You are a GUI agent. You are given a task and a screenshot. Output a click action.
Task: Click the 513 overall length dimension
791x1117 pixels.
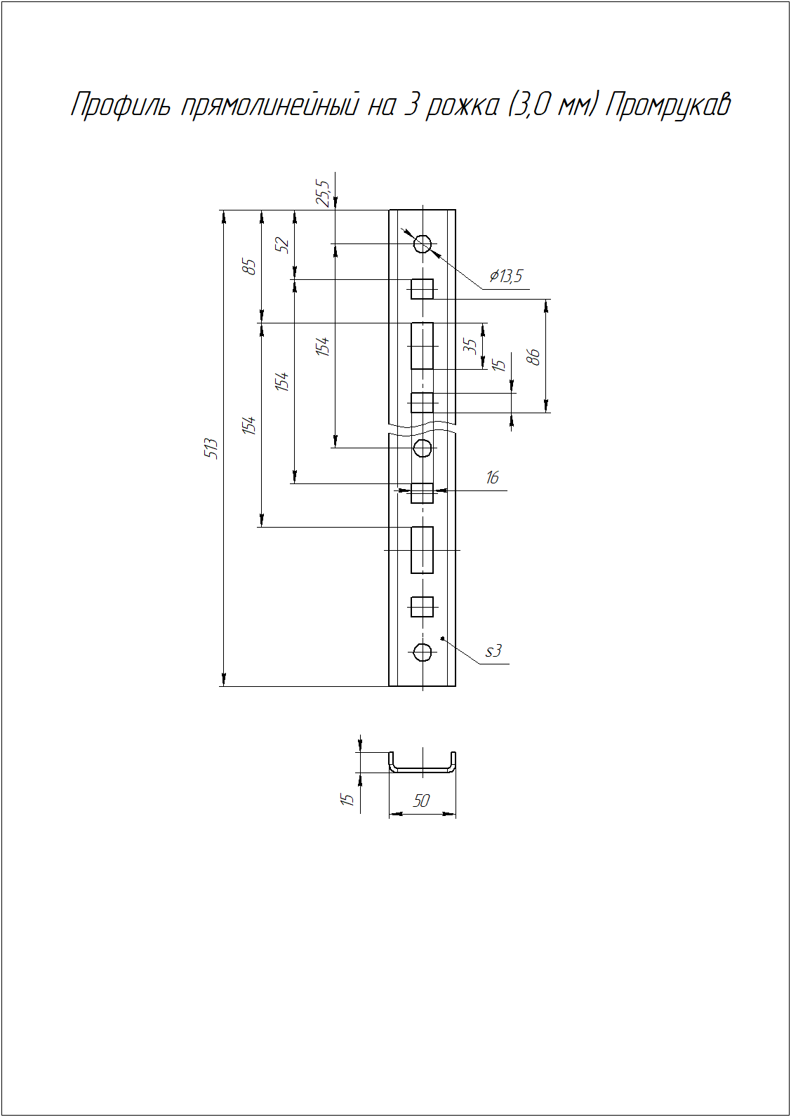(213, 449)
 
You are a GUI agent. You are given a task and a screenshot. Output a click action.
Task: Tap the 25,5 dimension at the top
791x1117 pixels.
(323, 193)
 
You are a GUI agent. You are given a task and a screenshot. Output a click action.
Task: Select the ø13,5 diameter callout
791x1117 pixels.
(506, 276)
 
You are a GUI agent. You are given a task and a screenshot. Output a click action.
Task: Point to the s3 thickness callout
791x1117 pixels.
(493, 651)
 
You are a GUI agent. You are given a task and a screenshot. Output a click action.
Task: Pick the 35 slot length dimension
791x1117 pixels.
(470, 346)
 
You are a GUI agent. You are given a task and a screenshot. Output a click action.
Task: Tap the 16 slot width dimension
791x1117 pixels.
(492, 478)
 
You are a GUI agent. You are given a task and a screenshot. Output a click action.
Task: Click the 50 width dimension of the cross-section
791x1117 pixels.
(421, 801)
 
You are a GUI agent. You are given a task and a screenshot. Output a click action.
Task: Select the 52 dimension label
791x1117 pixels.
(283, 245)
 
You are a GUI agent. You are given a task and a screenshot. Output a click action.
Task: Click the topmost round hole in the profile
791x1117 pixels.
(423, 244)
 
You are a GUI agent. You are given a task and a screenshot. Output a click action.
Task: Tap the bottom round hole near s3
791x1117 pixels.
(423, 651)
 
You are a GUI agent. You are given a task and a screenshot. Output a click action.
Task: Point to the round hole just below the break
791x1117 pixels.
(423, 448)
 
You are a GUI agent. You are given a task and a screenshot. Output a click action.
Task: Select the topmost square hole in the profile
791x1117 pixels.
(422, 289)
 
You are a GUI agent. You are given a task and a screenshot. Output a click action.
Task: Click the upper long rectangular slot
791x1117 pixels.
(422, 346)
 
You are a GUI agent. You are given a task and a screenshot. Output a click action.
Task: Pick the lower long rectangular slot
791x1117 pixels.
(422, 550)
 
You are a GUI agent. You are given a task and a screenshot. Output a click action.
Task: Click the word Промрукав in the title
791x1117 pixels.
(668, 106)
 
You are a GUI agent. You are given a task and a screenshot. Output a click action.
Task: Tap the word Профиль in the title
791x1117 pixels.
(121, 106)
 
